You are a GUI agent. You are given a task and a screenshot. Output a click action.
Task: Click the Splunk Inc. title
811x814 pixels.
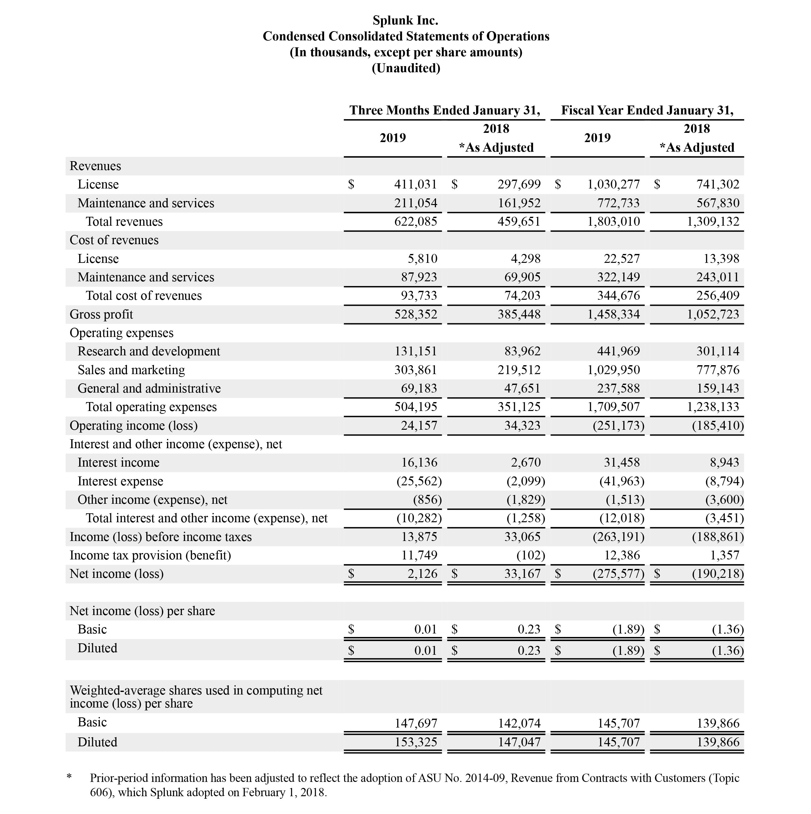click(x=405, y=20)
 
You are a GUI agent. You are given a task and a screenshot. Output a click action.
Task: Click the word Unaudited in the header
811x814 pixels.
click(x=405, y=68)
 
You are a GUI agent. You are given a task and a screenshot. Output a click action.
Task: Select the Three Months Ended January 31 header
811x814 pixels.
click(x=444, y=110)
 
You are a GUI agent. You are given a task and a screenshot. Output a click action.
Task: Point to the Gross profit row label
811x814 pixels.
click(x=101, y=314)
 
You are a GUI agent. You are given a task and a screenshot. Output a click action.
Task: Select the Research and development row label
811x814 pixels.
click(x=149, y=352)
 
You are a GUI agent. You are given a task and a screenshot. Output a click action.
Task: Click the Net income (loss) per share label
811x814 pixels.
click(x=142, y=611)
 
